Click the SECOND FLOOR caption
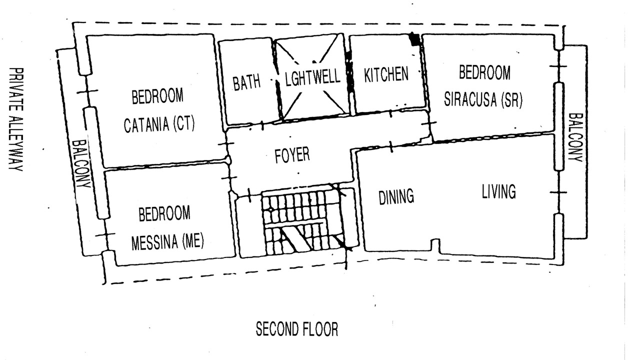click(297, 329)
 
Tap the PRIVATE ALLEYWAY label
click(16, 119)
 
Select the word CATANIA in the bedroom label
click(146, 125)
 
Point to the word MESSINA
click(154, 242)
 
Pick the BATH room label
click(247, 82)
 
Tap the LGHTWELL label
click(313, 77)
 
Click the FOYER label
click(292, 155)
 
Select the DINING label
click(396, 196)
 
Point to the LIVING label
click(499, 191)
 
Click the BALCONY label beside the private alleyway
click(81, 163)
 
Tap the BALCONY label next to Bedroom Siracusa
click(575, 137)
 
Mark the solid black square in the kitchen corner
click(415, 39)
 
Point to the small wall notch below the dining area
click(435, 245)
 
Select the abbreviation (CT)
click(183, 123)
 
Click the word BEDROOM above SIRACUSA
click(484, 72)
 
